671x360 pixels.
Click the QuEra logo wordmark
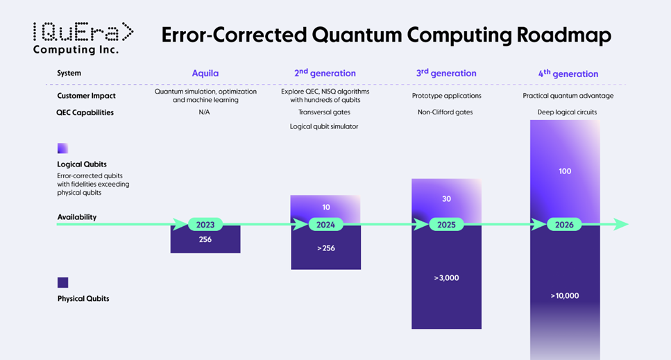click(x=83, y=33)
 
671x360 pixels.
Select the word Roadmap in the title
click(x=563, y=35)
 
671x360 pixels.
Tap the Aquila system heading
click(x=205, y=73)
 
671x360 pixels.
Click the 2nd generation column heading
click(x=325, y=73)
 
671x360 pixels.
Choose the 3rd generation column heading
click(x=446, y=73)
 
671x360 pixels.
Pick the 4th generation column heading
click(x=568, y=73)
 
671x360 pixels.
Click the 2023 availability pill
click(x=205, y=225)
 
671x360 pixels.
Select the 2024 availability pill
click(x=325, y=225)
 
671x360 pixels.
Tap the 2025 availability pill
click(x=446, y=225)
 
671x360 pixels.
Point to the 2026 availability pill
click(x=564, y=225)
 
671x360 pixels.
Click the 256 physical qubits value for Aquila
click(x=205, y=239)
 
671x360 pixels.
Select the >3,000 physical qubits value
click(x=446, y=278)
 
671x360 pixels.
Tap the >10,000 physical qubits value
click(x=564, y=296)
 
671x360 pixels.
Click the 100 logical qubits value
click(x=565, y=171)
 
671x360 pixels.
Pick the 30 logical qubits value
click(x=446, y=199)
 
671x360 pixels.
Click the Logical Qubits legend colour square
click(x=63, y=148)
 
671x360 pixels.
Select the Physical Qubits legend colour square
click(x=63, y=282)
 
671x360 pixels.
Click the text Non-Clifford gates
click(x=445, y=112)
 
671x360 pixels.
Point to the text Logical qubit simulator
click(x=324, y=126)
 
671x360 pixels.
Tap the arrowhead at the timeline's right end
click(x=621, y=224)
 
